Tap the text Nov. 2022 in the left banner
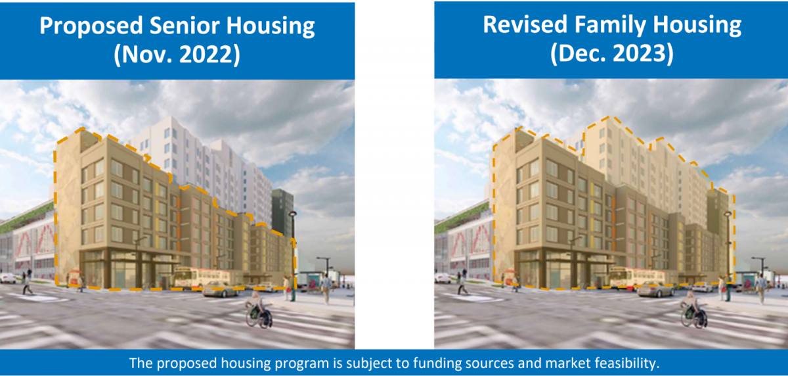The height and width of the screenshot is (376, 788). point(177,55)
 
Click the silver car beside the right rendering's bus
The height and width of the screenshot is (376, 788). point(655,290)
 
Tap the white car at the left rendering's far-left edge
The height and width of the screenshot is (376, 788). point(7,278)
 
